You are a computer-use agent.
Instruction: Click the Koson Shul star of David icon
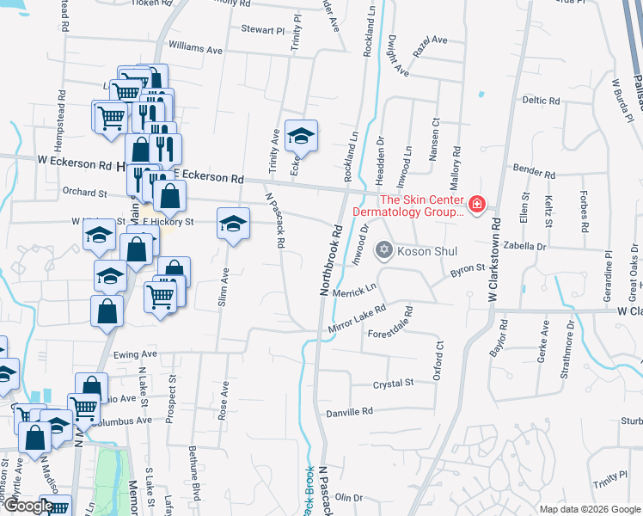pyautogui.click(x=384, y=251)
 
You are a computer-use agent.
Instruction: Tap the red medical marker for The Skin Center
pyautogui.click(x=476, y=205)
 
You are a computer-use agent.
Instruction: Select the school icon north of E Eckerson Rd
pyautogui.click(x=301, y=136)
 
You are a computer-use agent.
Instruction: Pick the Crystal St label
pyautogui.click(x=394, y=383)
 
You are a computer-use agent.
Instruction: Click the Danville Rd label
pyautogui.click(x=350, y=412)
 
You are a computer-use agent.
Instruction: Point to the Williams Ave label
pyautogui.click(x=196, y=50)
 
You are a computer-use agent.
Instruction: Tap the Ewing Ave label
pyautogui.click(x=134, y=353)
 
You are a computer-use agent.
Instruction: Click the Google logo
pyautogui.click(x=28, y=506)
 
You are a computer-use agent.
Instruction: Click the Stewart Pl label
pyautogui.click(x=262, y=30)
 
